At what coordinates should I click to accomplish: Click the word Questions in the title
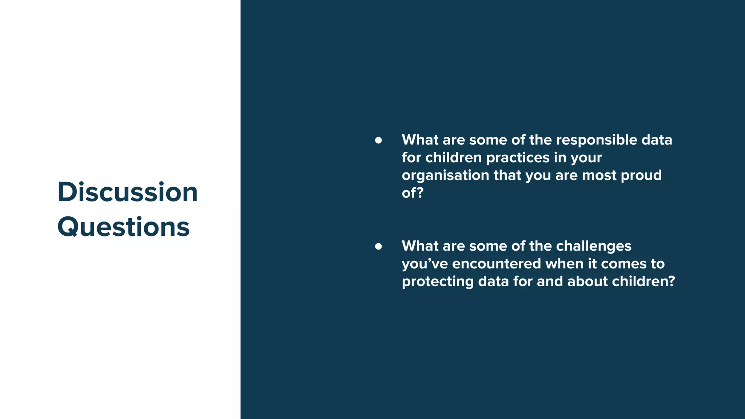coord(123,227)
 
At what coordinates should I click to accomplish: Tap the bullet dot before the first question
coord(378,140)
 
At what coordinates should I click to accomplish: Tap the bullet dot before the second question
coord(378,246)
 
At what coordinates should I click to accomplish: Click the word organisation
coord(445,175)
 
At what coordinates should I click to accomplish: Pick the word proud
coord(641,175)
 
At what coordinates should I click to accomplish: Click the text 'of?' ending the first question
coord(413,193)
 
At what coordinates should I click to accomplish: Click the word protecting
coord(438,282)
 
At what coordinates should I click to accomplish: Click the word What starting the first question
coord(420,140)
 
